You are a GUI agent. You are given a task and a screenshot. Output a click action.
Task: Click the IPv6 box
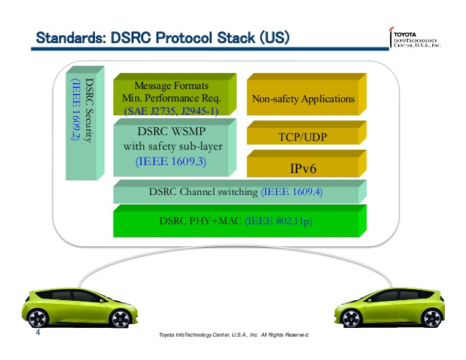tap(302, 169)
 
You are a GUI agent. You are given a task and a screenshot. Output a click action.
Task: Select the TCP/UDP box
tap(302, 135)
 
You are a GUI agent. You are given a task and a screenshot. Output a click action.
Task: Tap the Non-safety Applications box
tap(302, 99)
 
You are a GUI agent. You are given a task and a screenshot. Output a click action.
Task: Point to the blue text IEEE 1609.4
tap(291, 193)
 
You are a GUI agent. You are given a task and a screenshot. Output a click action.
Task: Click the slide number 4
tap(38, 336)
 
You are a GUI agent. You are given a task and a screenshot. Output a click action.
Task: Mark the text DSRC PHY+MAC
tap(200, 221)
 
